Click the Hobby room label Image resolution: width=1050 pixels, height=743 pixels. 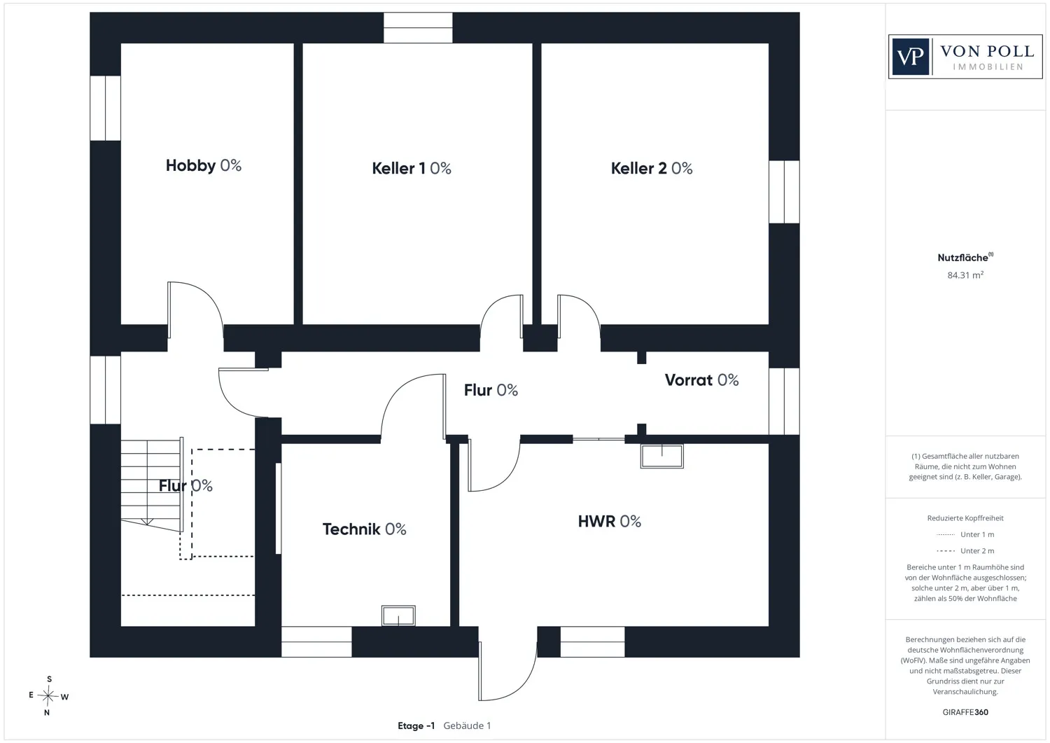204,165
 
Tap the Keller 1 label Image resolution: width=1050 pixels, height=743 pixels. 412,168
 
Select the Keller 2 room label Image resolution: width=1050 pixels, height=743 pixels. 652,168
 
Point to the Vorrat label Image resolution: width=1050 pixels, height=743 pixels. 701,380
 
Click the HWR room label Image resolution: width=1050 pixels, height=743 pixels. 610,521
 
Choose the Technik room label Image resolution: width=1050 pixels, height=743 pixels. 364,529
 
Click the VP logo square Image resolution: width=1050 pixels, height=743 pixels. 910,57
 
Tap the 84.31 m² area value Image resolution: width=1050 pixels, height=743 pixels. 965,275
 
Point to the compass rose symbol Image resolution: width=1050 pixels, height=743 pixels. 48,695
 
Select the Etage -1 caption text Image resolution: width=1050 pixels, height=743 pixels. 416,725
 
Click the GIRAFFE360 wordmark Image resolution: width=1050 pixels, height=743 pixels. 965,712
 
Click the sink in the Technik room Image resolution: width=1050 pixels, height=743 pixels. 398,616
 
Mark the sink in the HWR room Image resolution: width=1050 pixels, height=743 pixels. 662,456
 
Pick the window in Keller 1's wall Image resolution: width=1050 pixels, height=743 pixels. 418,28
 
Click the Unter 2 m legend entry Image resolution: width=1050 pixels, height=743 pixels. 965,550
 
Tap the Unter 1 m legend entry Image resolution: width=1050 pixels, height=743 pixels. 965,534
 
